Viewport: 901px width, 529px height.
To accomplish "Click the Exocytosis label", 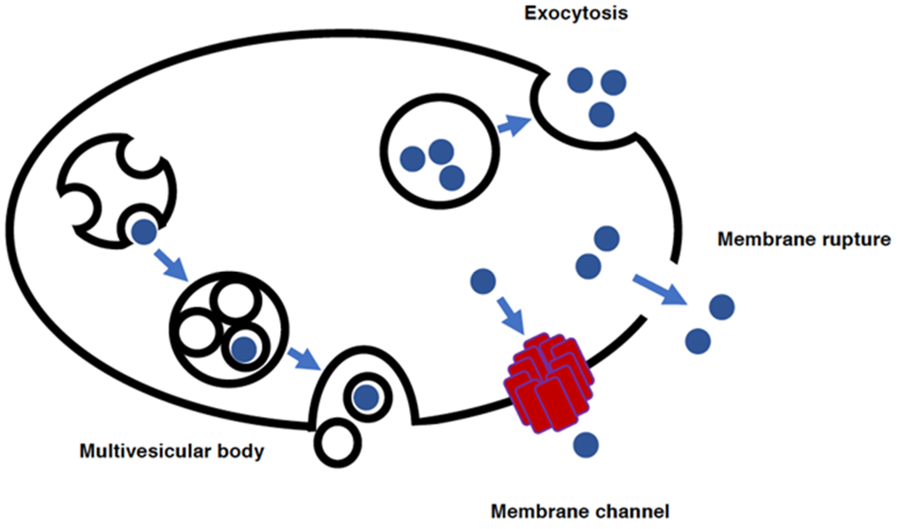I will (x=576, y=13).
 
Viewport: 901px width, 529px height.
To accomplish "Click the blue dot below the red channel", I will (x=586, y=445).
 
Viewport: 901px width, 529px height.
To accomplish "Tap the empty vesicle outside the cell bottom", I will (x=337, y=443).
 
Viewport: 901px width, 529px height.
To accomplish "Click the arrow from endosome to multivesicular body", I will (x=171, y=265).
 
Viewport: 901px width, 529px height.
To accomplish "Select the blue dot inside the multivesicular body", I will (x=244, y=349).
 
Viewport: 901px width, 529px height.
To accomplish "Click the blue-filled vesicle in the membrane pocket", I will (x=367, y=397).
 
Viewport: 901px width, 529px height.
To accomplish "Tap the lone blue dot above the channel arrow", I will (x=483, y=282).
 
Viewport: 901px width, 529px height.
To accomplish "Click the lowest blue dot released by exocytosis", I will (x=601, y=114).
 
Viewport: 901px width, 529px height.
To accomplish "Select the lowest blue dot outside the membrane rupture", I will (x=698, y=341).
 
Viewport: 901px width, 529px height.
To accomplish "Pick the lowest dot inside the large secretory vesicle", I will (x=452, y=178).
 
